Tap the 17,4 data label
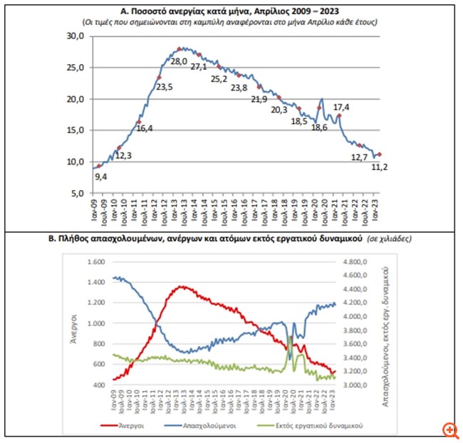click(342, 107)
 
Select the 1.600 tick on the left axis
click(93, 261)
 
